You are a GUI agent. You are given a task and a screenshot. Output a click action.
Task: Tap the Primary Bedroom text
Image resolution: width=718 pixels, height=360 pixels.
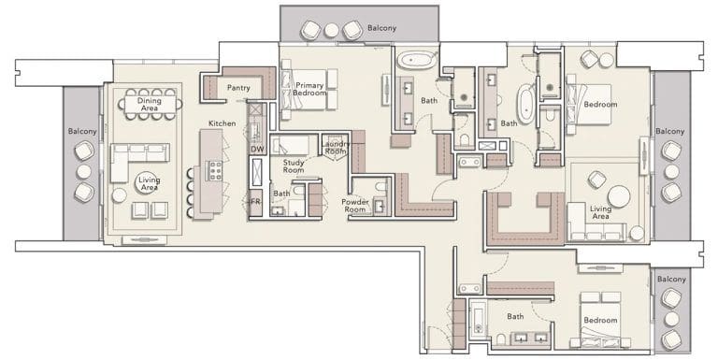point(309,90)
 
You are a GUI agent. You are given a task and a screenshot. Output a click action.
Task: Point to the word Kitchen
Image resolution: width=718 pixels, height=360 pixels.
point(222,123)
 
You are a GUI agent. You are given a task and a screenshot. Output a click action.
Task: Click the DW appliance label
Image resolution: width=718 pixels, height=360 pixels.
point(256,149)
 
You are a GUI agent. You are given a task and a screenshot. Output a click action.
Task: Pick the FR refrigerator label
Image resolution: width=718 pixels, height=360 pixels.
point(255,200)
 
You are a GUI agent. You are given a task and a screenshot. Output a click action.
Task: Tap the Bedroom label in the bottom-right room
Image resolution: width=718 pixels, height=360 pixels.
point(599,321)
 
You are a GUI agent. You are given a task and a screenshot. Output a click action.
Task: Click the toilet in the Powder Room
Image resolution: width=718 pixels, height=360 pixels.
point(380,208)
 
